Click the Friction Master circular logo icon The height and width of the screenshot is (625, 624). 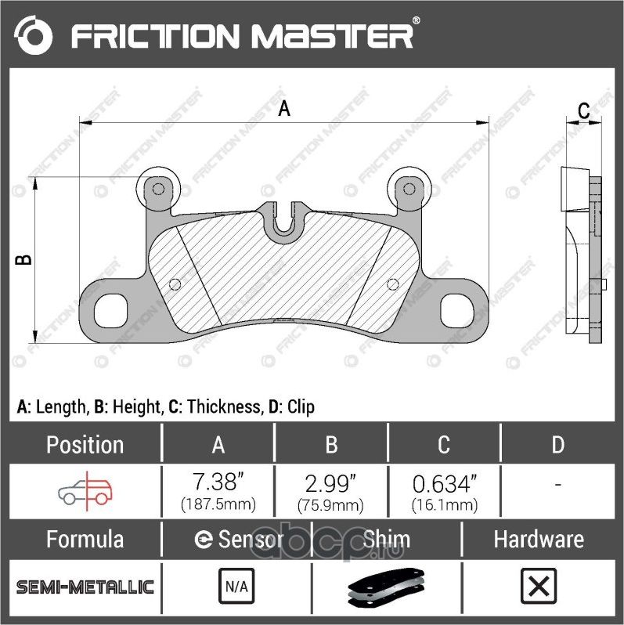[x=33, y=35]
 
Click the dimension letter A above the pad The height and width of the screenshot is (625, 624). [x=285, y=108]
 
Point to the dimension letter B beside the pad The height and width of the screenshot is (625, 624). [x=24, y=259]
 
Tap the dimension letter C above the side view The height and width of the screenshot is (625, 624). [x=583, y=111]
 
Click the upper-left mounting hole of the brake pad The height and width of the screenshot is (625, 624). [x=158, y=189]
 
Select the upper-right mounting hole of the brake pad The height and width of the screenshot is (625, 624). [x=407, y=188]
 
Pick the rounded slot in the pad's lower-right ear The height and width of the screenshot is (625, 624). [x=457, y=309]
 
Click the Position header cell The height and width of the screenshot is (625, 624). [x=85, y=445]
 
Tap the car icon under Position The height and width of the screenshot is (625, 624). [x=85, y=491]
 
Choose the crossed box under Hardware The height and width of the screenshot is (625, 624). [x=538, y=585]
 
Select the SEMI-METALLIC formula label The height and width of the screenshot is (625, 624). [x=85, y=587]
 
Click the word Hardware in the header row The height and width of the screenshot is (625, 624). [x=538, y=540]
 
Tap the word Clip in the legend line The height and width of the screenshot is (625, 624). [x=301, y=406]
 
